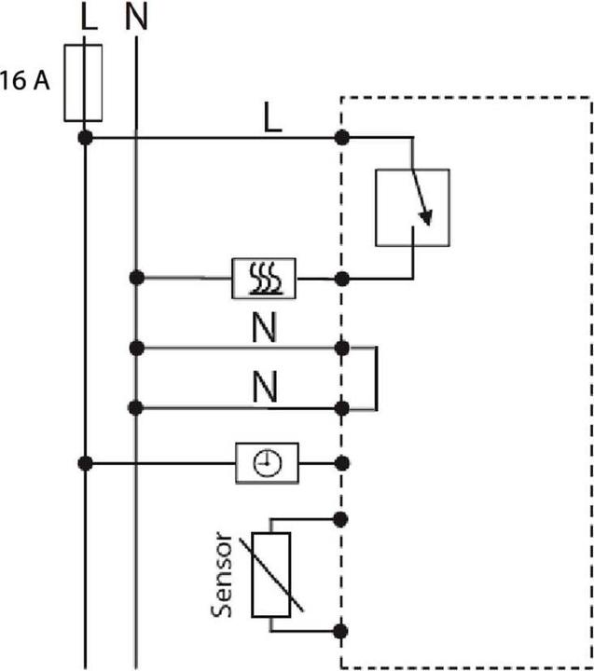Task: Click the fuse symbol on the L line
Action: (84, 81)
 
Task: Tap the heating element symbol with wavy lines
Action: (264, 278)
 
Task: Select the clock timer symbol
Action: (267, 461)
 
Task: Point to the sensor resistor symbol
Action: (271, 574)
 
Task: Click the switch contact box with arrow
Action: (412, 207)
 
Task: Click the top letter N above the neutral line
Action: (136, 18)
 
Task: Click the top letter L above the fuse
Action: (88, 18)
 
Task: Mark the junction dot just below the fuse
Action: (85, 138)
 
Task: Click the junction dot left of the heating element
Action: (137, 278)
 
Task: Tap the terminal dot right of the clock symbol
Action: (342, 462)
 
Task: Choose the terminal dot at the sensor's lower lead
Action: (342, 631)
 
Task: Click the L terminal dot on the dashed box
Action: (342, 138)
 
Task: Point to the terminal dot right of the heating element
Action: (342, 278)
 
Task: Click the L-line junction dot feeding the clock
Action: (85, 462)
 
